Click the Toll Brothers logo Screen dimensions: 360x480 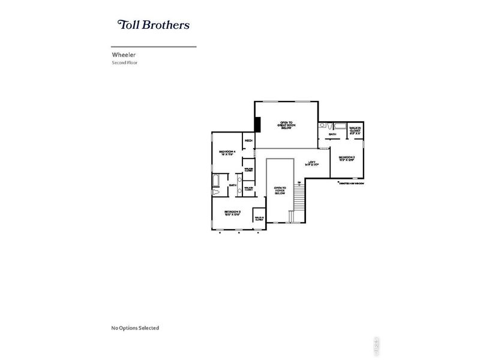tap(154, 25)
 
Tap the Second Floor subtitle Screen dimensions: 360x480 tap(125, 62)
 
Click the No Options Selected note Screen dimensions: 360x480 tap(135, 328)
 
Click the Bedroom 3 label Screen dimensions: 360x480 tap(232, 213)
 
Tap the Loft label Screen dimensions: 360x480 tap(311, 164)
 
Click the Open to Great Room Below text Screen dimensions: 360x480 tap(286, 124)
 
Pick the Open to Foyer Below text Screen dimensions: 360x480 tap(280, 191)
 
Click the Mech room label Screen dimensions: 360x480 tap(248, 140)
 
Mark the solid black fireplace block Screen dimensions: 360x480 tap(257, 124)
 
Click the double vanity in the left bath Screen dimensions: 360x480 tap(241, 185)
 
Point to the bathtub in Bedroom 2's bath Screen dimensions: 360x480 tap(340, 126)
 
